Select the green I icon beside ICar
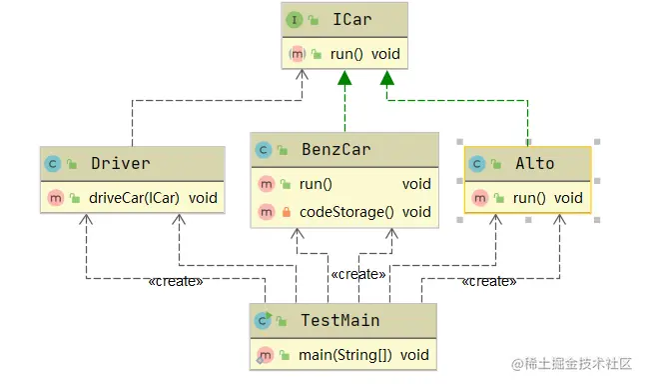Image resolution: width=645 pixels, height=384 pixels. pos(296,19)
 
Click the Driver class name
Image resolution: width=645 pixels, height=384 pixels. pos(120,163)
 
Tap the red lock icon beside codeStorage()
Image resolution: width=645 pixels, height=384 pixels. pos(286,212)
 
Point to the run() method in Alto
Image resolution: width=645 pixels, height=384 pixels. pos(534,198)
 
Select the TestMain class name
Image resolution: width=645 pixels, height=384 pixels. pos(339,320)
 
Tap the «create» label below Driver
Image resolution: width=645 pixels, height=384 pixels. pos(175,281)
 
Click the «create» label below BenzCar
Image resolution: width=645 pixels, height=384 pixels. pos(357,274)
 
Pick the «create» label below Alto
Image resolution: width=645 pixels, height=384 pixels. pos(489,281)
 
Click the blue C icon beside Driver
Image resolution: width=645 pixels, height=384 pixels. pos(51,163)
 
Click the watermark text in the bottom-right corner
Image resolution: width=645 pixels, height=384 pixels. pos(573,366)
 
